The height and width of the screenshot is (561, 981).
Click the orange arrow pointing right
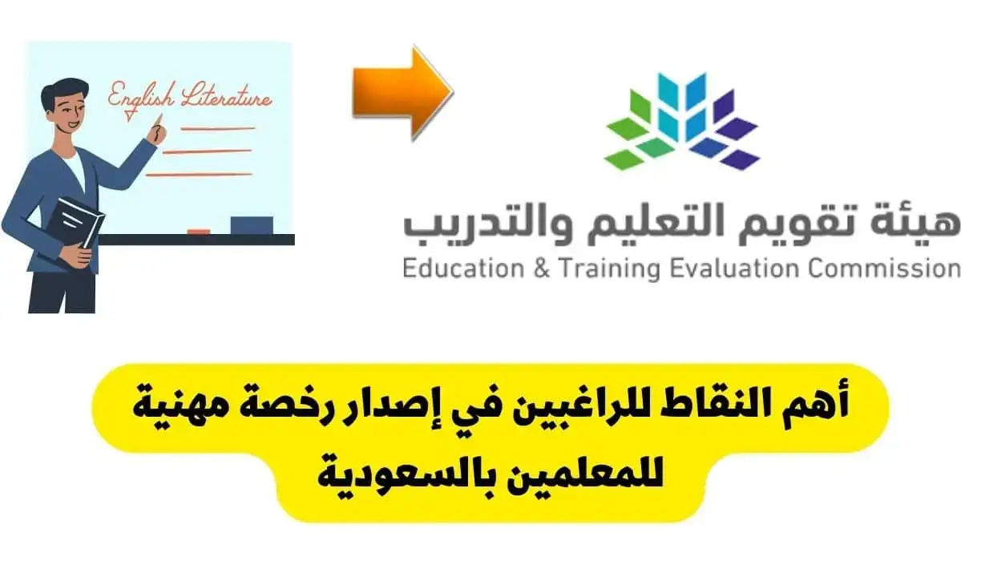tap(403, 93)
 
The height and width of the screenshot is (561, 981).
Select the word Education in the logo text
tap(463, 268)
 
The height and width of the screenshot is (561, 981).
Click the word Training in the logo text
tap(611, 269)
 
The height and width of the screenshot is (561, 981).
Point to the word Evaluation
tap(735, 268)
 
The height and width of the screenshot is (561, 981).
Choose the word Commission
tap(885, 268)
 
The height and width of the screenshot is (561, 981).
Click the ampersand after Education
tap(542, 268)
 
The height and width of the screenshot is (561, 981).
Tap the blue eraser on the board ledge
tap(252, 225)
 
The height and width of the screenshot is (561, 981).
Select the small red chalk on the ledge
tap(199, 232)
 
